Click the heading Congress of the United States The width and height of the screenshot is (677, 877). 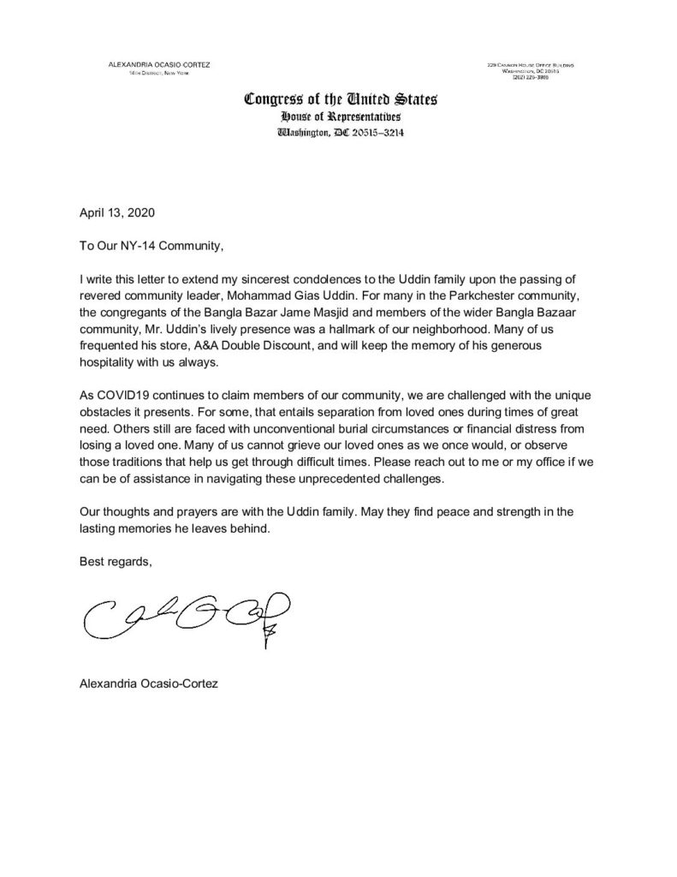pyautogui.click(x=341, y=98)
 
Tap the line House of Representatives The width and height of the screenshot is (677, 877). pyautogui.click(x=341, y=116)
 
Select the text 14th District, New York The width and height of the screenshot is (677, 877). pyautogui.click(x=155, y=74)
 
